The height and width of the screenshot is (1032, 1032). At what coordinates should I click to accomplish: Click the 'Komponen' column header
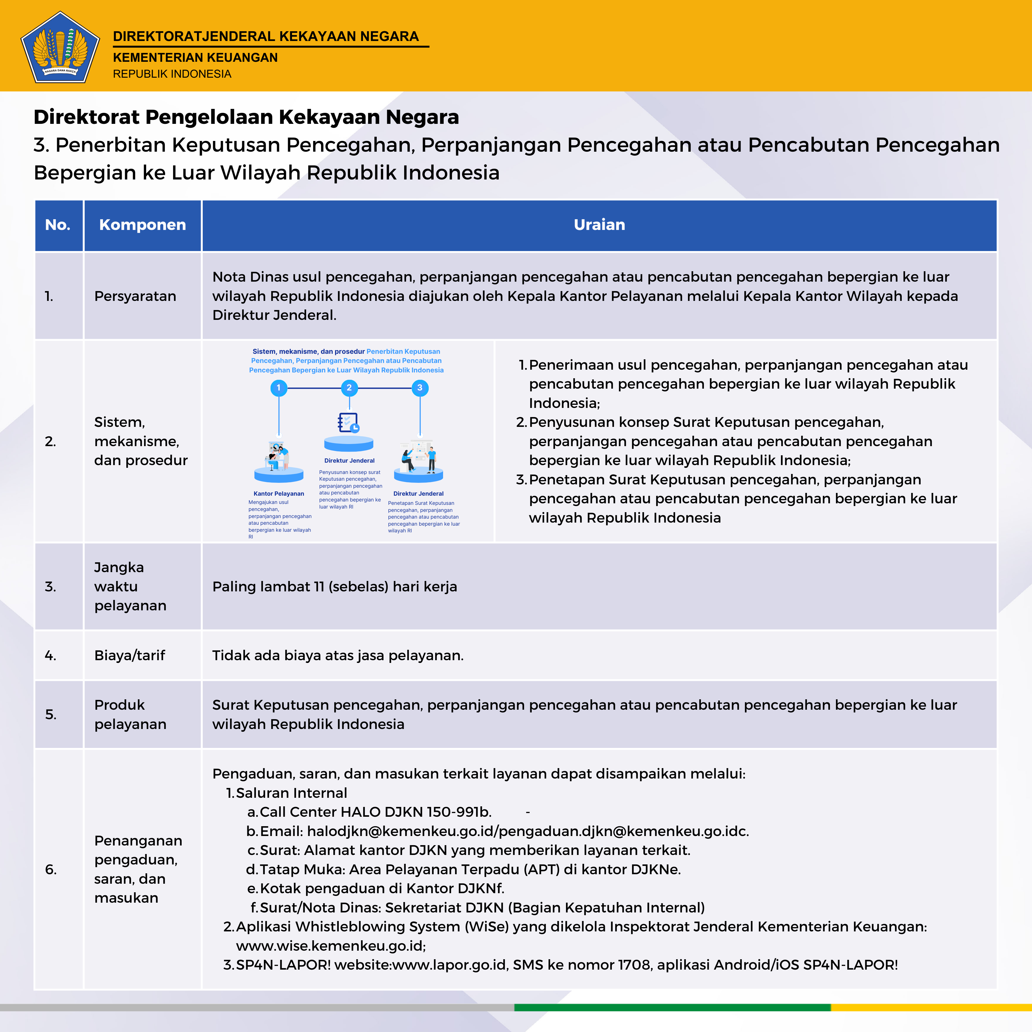[142, 225]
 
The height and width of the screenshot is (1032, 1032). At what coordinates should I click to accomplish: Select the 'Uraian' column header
[599, 225]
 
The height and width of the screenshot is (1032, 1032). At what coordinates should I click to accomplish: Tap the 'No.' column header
[58, 225]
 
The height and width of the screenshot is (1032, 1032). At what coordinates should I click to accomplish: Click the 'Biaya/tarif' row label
[130, 655]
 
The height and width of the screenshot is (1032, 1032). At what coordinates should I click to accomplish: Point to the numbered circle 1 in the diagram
[278, 388]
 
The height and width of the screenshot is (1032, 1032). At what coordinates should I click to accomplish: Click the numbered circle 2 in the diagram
[349, 388]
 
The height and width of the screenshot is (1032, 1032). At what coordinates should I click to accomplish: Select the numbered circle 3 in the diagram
[420, 388]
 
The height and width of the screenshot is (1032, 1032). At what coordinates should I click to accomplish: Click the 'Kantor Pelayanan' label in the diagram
[278, 494]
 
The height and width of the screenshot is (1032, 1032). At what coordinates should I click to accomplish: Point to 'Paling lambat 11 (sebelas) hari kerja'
[335, 586]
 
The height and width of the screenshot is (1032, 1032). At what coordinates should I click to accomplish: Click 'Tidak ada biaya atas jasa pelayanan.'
[338, 655]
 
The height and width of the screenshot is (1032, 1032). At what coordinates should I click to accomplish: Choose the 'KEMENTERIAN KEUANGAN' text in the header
[195, 58]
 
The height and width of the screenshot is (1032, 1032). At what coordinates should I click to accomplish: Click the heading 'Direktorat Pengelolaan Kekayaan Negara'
[246, 117]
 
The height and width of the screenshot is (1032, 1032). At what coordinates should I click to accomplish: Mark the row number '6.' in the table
[51, 870]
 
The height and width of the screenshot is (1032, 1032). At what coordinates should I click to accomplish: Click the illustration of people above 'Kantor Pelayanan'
[278, 457]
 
